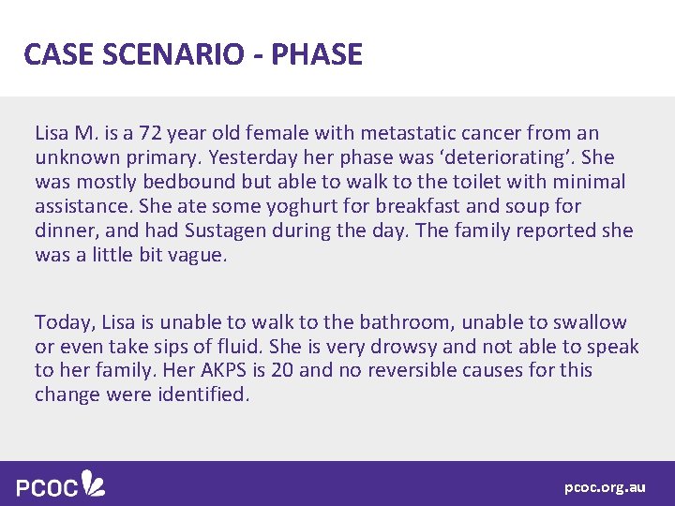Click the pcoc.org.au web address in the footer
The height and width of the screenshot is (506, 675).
[605, 487]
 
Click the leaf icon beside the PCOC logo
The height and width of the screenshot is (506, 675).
[94, 483]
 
